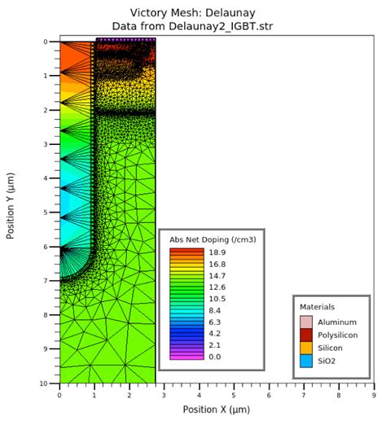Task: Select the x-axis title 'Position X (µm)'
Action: [217, 409]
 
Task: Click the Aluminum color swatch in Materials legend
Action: [306, 322]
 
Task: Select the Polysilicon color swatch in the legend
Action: [306, 335]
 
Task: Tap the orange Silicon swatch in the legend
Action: [306, 348]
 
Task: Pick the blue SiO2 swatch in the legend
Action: [306, 361]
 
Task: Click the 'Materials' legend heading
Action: [317, 307]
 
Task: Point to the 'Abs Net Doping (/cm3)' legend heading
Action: [209, 241]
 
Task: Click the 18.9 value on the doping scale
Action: [217, 253]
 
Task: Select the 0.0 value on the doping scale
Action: [215, 357]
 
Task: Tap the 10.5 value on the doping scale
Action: [217, 299]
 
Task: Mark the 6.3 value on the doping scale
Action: [215, 322]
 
